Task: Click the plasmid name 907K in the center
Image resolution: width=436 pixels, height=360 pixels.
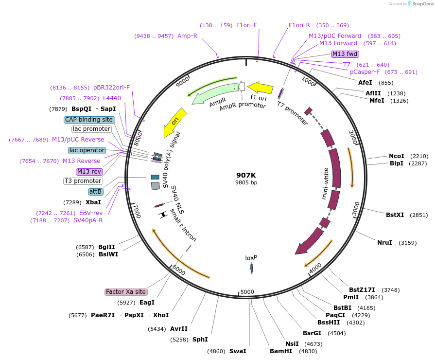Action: coord(246,175)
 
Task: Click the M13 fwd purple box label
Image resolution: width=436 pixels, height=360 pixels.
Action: coord(345,54)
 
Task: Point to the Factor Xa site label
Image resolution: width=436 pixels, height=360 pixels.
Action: coord(126,292)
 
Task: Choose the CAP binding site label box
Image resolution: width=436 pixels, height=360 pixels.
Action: coord(89,120)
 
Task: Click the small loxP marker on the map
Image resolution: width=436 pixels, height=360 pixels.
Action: coord(252,268)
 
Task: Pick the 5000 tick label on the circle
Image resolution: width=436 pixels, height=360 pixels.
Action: coord(247,292)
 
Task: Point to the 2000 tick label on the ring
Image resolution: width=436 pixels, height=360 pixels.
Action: coord(354,138)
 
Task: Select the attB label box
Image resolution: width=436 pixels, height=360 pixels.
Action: coord(95,192)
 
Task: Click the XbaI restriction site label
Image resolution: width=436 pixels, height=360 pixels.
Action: coord(93,202)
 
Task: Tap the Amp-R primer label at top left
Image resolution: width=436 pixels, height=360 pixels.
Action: coord(187,36)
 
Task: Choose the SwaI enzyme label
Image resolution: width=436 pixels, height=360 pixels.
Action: coord(238,351)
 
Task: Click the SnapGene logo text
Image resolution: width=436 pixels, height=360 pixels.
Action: coord(421,4)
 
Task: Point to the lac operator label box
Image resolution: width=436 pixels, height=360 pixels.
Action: coord(87,150)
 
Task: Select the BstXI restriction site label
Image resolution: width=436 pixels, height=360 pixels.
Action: coord(395,215)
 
